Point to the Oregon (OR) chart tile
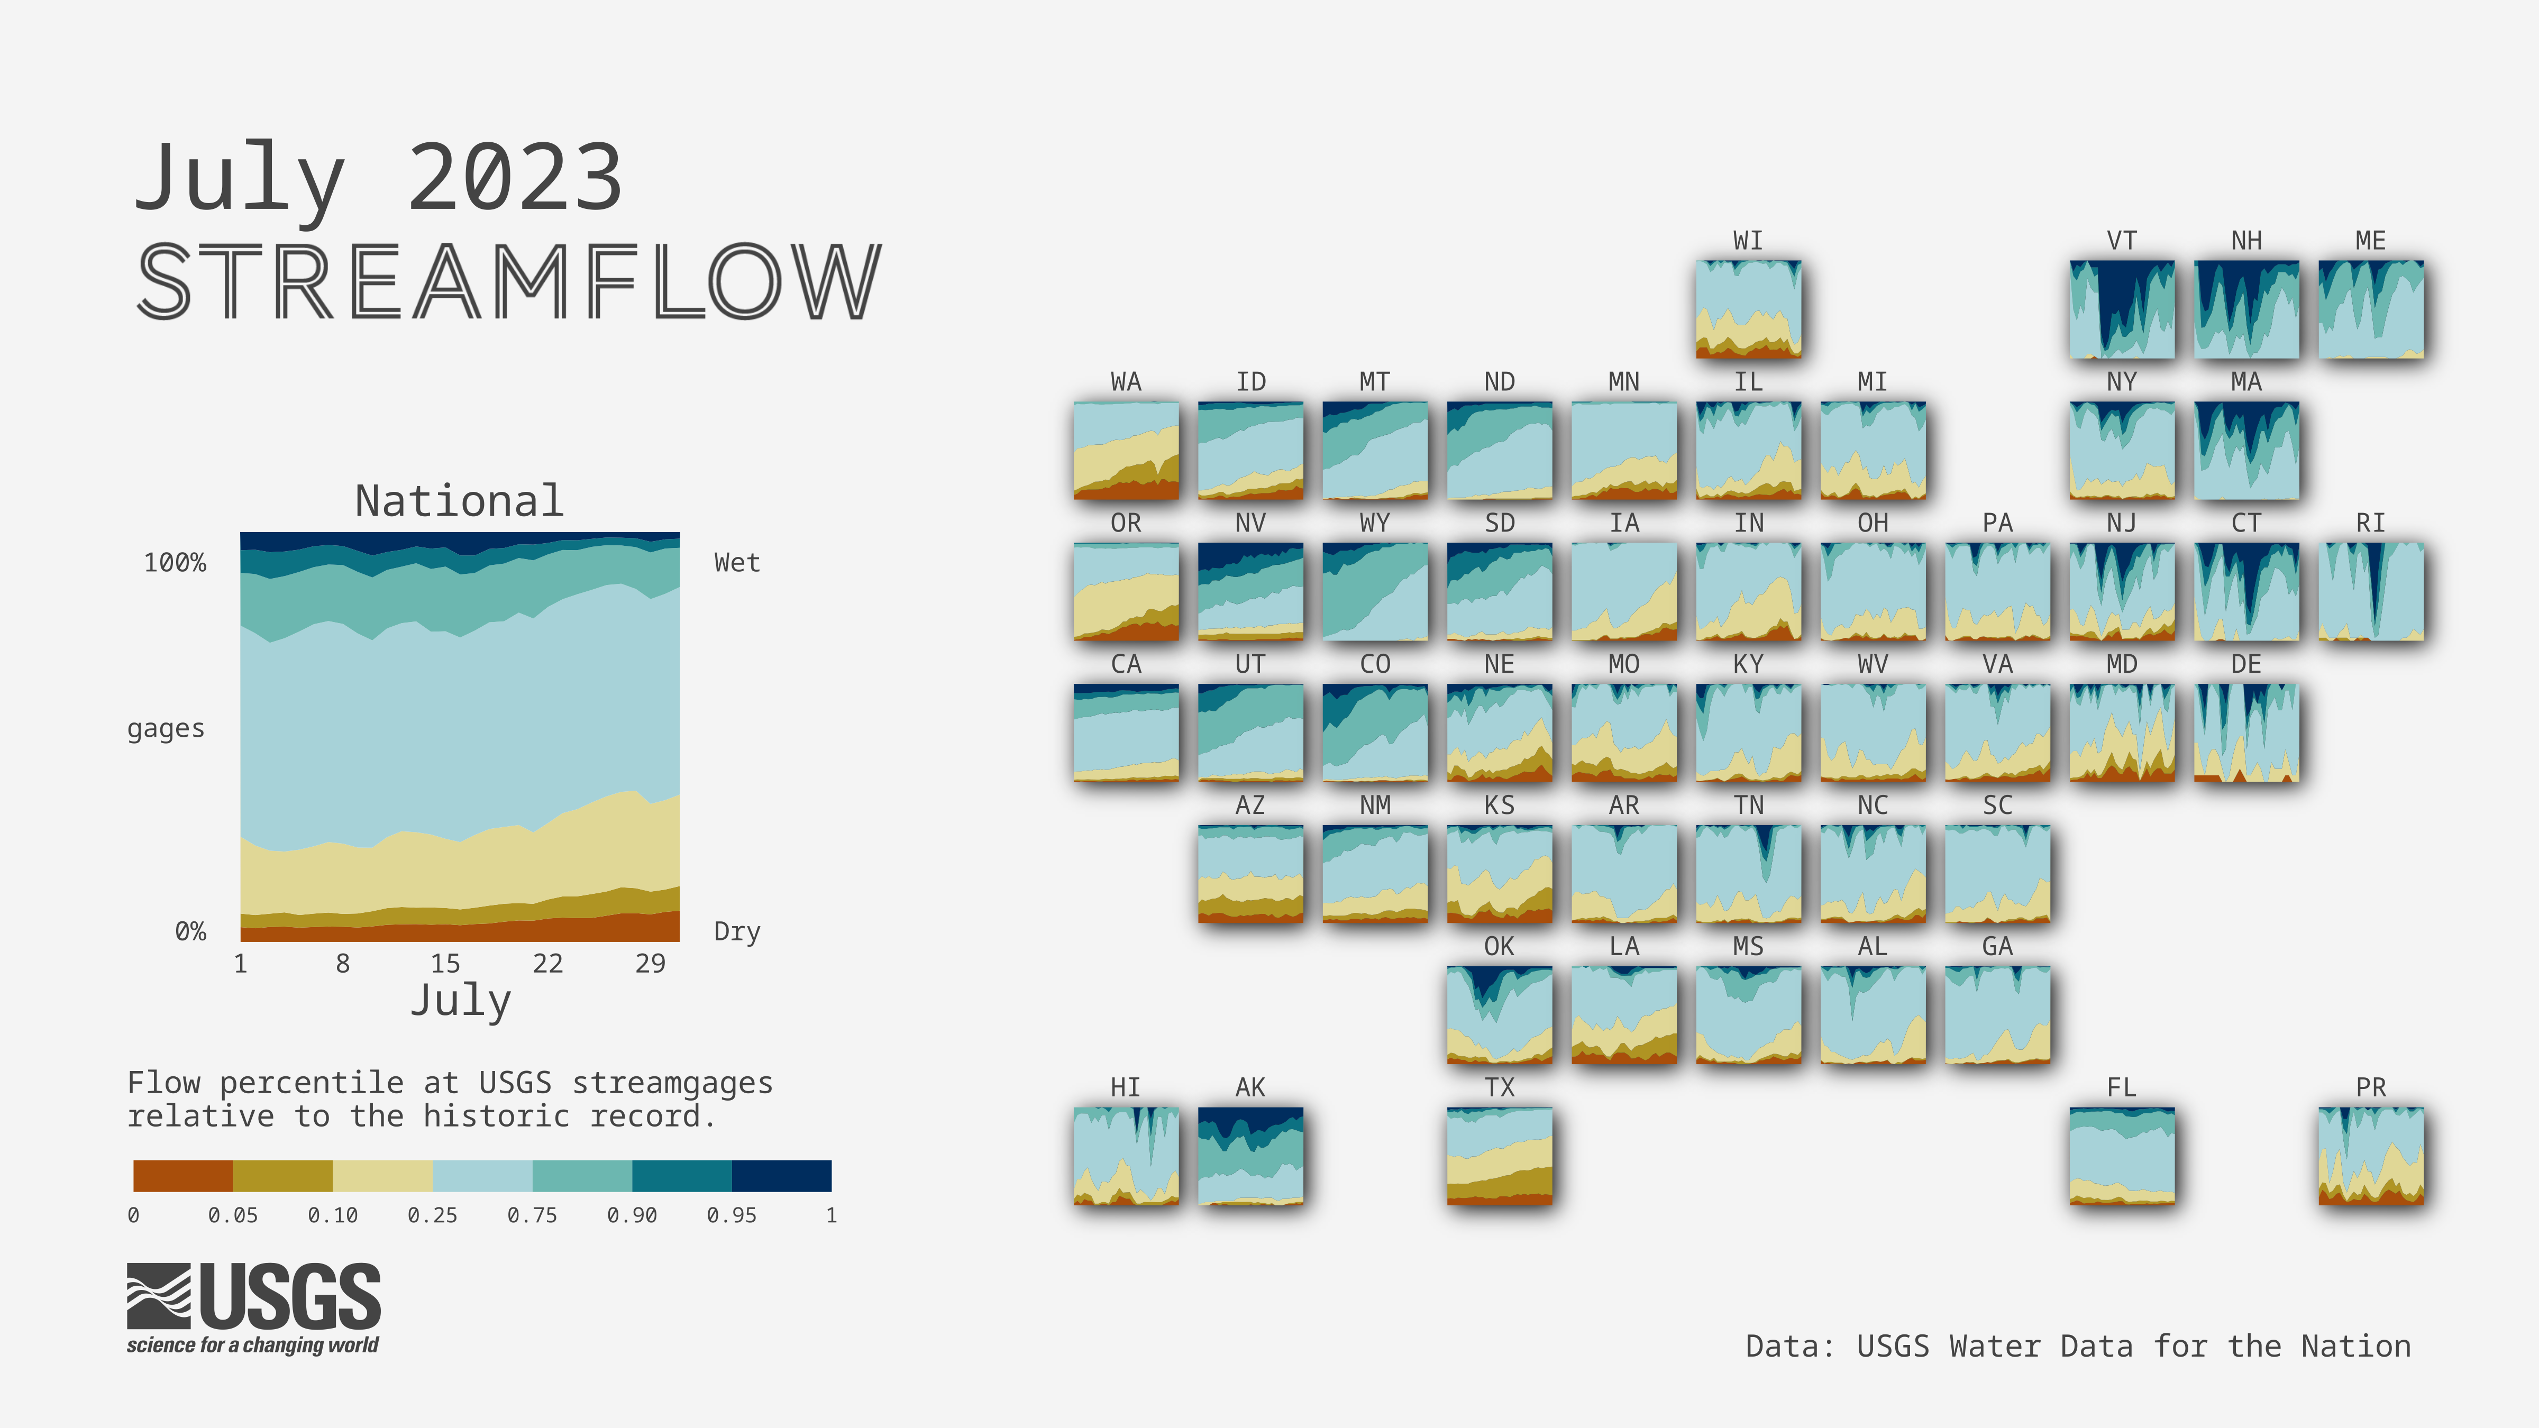click(1126, 591)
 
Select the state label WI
click(1748, 241)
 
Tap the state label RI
click(2370, 523)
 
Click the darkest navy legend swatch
click(782, 1176)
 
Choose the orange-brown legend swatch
click(184, 1176)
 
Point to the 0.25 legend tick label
click(433, 1215)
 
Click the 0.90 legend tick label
click(632, 1215)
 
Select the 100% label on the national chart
click(176, 563)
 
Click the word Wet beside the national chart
click(737, 563)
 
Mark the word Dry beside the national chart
click(737, 931)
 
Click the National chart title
click(459, 501)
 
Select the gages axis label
click(166, 729)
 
